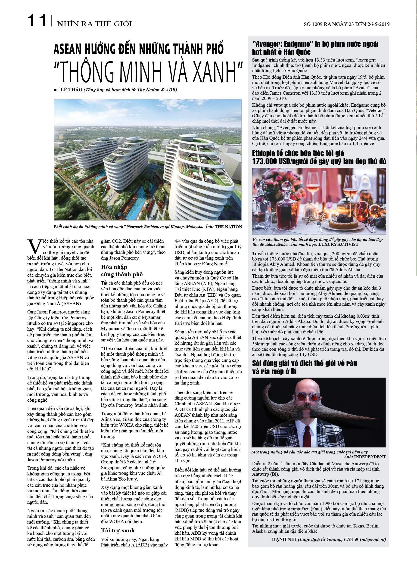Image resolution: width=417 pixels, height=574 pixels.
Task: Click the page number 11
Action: (37, 21)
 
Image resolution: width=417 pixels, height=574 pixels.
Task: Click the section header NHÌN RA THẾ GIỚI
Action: (94, 24)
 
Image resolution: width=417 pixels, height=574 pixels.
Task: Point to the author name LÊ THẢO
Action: (72, 90)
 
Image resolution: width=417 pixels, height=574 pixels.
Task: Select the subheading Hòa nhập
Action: (114, 267)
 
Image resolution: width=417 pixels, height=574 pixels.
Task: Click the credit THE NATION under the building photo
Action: (228, 227)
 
